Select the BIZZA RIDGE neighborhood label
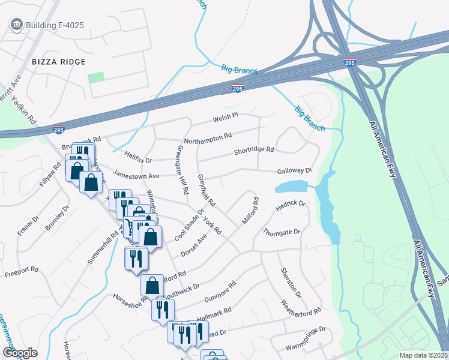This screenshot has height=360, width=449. click(59, 62)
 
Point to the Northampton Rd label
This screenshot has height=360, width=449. click(208, 138)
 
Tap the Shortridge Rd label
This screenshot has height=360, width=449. click(254, 150)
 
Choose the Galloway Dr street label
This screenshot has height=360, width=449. click(295, 171)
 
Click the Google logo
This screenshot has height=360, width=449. click(20, 353)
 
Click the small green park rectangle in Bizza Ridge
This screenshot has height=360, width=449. click(95, 78)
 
